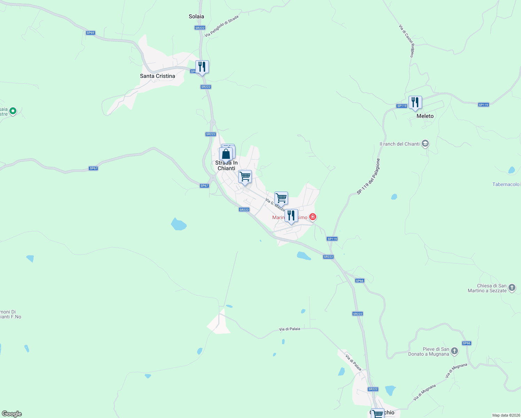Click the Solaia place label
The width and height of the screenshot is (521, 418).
(196, 16)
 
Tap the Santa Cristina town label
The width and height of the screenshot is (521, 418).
(157, 76)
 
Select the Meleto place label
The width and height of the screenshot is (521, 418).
(425, 116)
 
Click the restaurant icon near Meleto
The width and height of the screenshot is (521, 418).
(415, 102)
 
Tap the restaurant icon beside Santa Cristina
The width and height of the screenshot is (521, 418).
(202, 67)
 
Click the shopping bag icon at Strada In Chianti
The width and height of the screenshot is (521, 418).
(226, 154)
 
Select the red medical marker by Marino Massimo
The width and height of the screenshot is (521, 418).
(313, 217)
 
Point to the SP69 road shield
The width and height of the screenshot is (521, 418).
(91, 33)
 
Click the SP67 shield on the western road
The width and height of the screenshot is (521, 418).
(93, 168)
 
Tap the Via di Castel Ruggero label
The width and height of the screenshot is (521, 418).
(406, 41)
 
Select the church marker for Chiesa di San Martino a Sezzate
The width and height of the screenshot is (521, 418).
(512, 288)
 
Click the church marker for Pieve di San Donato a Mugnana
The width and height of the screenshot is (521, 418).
(454, 351)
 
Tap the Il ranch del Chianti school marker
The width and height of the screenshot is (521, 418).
(425, 144)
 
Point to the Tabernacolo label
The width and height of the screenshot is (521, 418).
(506, 184)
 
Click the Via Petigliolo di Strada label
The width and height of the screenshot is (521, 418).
(221, 26)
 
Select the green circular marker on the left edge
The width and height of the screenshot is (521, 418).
(13, 111)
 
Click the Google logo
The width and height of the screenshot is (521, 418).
(12, 414)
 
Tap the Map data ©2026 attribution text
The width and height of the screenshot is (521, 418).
(506, 415)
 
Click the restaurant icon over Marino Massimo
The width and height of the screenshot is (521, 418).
(291, 216)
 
